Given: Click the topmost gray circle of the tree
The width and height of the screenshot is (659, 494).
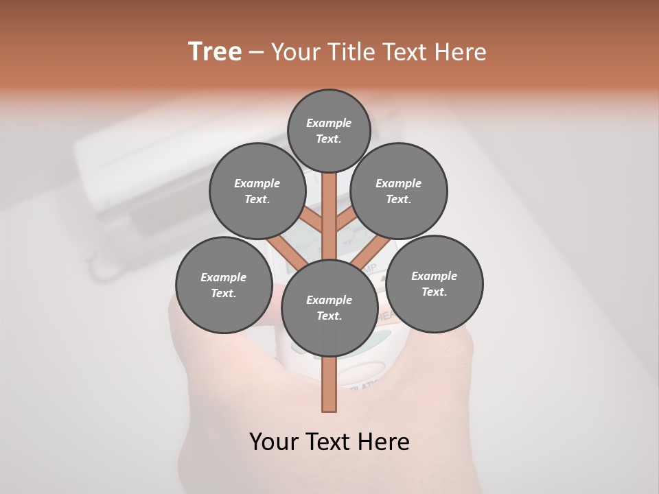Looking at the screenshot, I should (329, 130).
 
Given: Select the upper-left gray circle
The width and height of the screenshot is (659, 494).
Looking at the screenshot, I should (257, 191).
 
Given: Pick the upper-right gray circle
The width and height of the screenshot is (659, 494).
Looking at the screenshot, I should (398, 191).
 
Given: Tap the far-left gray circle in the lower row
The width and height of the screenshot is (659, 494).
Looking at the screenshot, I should (223, 285).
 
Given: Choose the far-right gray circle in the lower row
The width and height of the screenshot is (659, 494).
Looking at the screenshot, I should (434, 283).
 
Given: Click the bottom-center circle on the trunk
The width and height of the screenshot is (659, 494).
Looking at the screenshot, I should (329, 307).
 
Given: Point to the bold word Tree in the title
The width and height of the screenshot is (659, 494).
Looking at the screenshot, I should (215, 51).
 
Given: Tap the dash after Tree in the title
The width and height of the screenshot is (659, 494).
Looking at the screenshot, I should (256, 52).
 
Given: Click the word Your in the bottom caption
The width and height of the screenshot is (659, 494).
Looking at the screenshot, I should (275, 442).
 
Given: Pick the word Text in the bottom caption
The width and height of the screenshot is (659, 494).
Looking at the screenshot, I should (329, 442).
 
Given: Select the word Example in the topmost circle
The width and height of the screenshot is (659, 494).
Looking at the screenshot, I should (329, 123).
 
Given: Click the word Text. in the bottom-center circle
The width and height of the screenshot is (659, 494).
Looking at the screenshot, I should (329, 316).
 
